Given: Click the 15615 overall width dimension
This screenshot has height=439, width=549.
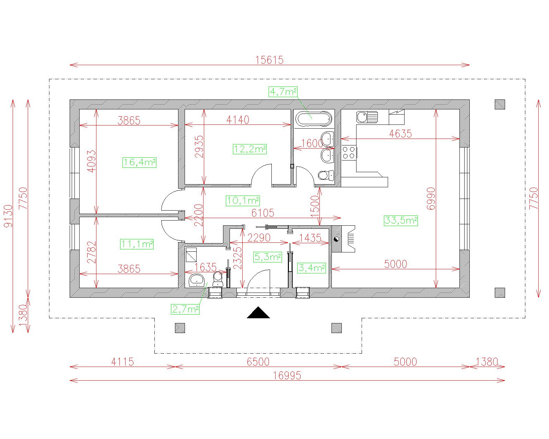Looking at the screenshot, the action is coord(269,60).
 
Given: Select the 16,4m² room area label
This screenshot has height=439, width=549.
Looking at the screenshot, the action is coord(139,163).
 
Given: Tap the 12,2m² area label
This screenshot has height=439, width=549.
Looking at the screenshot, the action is coord(250,149).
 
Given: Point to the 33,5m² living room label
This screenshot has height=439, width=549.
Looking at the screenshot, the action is coord(401,221).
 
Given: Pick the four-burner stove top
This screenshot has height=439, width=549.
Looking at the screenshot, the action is coord(349,153).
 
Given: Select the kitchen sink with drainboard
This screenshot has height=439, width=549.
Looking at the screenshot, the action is coord(367,117).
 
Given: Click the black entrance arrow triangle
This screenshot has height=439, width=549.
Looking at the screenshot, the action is coord(258,312).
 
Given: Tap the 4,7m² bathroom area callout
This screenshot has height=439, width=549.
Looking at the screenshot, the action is coord(283,92).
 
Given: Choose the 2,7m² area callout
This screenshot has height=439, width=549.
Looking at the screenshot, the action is coord(185,309).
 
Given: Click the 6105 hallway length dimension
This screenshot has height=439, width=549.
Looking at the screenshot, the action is coord(263,213).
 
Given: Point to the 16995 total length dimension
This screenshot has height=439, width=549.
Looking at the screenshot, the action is coord(287,376).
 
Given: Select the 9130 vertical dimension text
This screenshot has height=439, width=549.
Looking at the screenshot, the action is coord(9,216).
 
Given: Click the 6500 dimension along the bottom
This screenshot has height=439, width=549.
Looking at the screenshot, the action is coord(258,362).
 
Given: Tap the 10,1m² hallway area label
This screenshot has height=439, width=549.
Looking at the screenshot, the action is coord(243,201).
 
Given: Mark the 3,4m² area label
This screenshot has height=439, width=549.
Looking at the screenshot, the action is coord(312,268).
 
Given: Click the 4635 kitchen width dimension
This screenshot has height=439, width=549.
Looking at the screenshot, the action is coord(400,134).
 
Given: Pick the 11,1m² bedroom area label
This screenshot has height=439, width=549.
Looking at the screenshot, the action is coord(137,244).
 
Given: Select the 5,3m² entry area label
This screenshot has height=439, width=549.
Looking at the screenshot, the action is coord(268,257).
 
